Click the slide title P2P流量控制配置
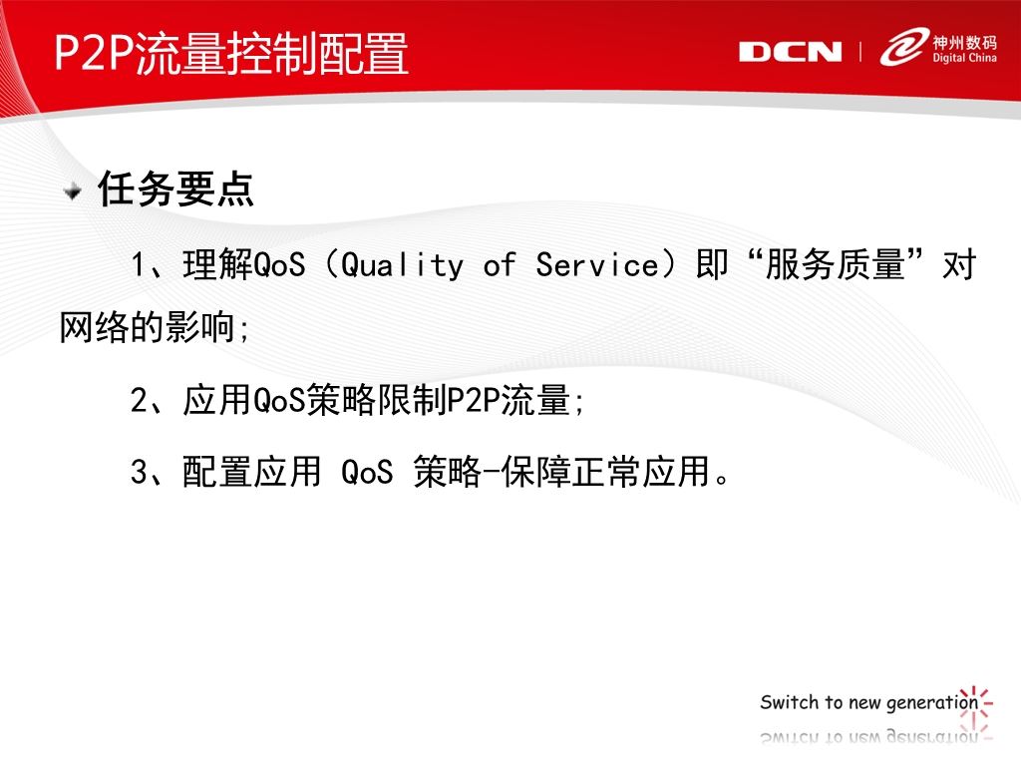[x=231, y=53]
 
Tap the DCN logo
[x=790, y=52]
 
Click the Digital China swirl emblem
[x=904, y=46]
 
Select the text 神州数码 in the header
[x=964, y=43]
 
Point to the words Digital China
[x=964, y=57]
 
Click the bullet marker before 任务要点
[x=72, y=191]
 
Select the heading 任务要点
[x=175, y=189]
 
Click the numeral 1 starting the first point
[x=139, y=265]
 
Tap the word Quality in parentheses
[x=402, y=265]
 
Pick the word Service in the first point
[x=598, y=265]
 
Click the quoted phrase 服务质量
[x=836, y=264]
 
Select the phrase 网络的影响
[x=147, y=326]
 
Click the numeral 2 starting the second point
[x=139, y=400]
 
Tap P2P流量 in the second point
[x=509, y=400]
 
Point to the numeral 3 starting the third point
[x=139, y=471]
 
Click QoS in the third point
[x=367, y=471]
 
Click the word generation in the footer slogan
[x=932, y=703]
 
